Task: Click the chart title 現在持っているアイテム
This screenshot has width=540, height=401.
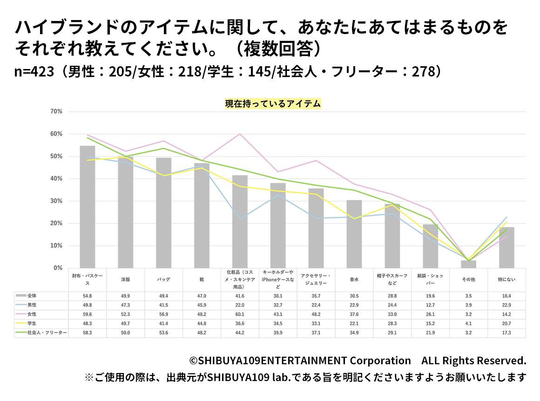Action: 273,104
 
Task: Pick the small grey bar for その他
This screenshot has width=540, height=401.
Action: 468,264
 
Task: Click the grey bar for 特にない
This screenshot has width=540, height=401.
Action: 506,248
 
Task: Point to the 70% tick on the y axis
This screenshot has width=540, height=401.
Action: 56,112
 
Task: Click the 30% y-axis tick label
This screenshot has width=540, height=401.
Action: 56,201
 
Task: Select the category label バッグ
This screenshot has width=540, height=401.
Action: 163,280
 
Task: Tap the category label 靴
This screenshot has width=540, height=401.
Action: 202,280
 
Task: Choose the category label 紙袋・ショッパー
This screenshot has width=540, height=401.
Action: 430,280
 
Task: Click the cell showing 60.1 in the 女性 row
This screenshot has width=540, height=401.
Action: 240,314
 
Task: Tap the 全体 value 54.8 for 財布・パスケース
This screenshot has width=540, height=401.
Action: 88,296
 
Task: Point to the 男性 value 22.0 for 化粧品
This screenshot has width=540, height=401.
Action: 240,304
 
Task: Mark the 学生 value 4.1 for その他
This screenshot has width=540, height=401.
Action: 468,323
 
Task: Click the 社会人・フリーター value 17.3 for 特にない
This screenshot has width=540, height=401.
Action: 506,332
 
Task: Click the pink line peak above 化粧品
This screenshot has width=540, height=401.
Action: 240,134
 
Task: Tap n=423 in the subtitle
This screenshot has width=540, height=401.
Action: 34,72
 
